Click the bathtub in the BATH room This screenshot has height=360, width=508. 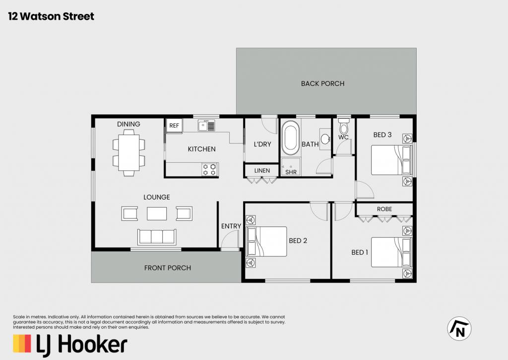pyautogui.click(x=290, y=138)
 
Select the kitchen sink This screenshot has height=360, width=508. pyautogui.click(x=206, y=125)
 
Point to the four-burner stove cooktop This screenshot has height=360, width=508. pyautogui.click(x=210, y=169)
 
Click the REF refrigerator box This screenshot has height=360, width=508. pyautogui.click(x=174, y=126)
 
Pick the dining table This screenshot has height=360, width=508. pyautogui.click(x=128, y=152)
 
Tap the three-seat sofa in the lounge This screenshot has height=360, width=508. pyautogui.click(x=157, y=237)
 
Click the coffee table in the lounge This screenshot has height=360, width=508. pyautogui.click(x=157, y=214)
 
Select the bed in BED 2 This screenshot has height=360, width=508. pyautogui.click(x=266, y=241)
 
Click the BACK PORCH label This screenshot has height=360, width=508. pyautogui.click(x=322, y=84)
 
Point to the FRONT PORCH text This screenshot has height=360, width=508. pyautogui.click(x=168, y=268)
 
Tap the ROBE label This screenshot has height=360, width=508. pyautogui.click(x=384, y=209)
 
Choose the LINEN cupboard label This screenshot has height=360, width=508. pyautogui.click(x=262, y=171)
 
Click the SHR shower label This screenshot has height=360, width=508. pyautogui.click(x=291, y=172)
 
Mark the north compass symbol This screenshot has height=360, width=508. pyautogui.click(x=459, y=329)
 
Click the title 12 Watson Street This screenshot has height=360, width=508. pyautogui.click(x=51, y=16)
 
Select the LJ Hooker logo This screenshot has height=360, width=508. pyautogui.click(x=70, y=345)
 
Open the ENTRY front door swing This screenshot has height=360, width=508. pyautogui.click(x=231, y=239)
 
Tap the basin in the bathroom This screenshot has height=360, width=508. pyautogui.click(x=325, y=139)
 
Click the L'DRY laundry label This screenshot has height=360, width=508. pyautogui.click(x=262, y=144)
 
